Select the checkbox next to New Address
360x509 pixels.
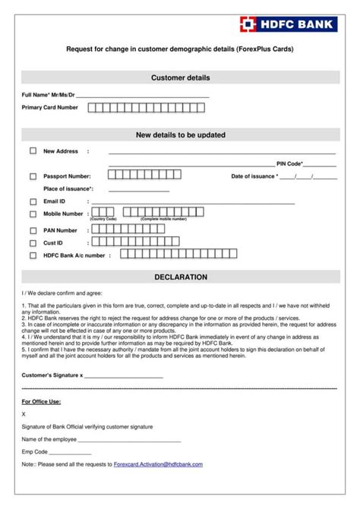coord(33,150)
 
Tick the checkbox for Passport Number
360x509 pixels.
coord(33,176)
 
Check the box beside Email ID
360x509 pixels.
coord(33,201)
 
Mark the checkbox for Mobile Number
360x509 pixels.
coord(33,214)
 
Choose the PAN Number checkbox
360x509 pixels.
coord(33,230)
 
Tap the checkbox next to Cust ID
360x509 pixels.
coord(33,243)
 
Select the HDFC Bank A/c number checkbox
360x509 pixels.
coord(33,255)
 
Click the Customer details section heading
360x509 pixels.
coord(180,77)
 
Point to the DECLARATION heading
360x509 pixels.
coord(180,277)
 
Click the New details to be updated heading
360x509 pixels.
coord(180,134)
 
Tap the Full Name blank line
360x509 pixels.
coord(142,96)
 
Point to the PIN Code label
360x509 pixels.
coord(289,163)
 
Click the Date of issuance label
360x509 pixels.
coord(254,176)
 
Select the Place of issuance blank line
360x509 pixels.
coord(139,189)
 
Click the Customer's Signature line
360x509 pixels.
coord(123,376)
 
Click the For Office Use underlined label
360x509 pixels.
coord(41,401)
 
